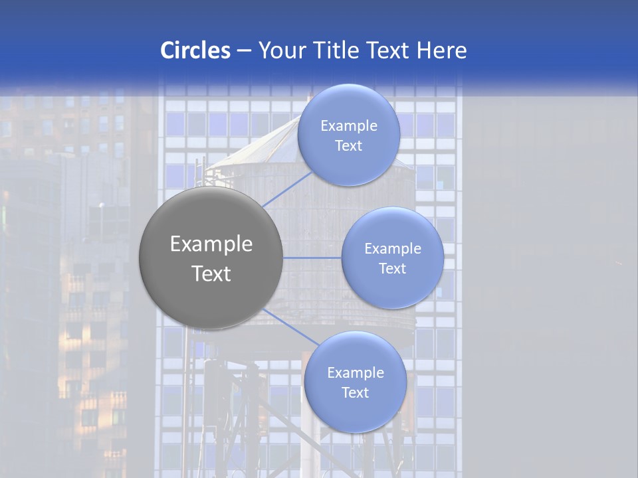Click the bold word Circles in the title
tap(195, 50)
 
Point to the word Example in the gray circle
tap(211, 244)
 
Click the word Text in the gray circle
tap(211, 274)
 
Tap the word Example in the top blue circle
tap(349, 126)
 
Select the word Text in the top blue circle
tap(349, 146)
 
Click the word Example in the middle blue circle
tap(393, 249)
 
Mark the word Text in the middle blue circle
tap(393, 269)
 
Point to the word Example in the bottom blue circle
tap(356, 373)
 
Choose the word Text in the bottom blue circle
tap(356, 393)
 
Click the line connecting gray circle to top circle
tap(285, 189)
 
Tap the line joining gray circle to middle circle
tap(312, 258)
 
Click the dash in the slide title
tap(243, 50)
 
